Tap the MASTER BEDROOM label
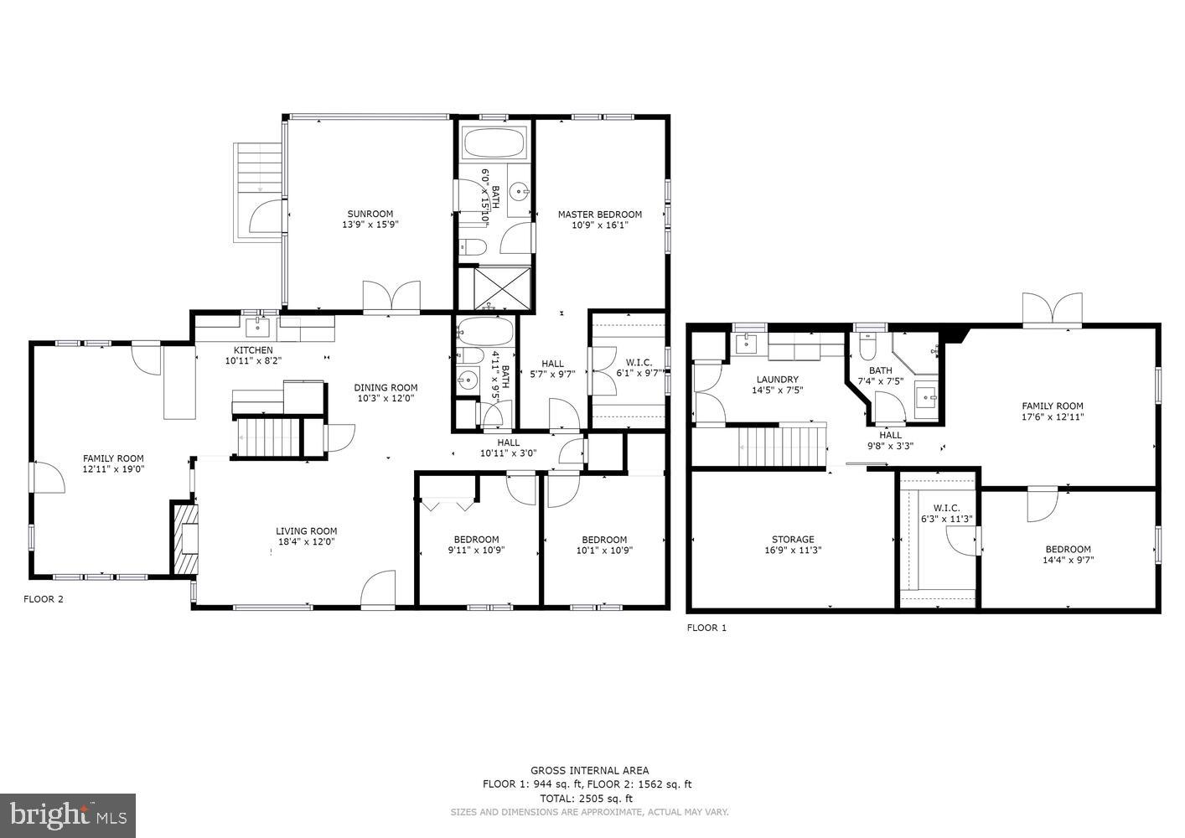point(600,215)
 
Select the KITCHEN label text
point(253,350)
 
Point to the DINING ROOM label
point(386,388)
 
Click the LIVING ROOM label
point(307,531)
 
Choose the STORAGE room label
point(793,540)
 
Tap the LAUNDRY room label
point(777,380)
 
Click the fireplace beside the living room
point(185,539)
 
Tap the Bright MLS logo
point(68,815)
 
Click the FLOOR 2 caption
point(43,599)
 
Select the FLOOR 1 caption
point(706,628)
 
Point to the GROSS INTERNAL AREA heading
point(589,770)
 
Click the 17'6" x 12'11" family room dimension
point(1052,416)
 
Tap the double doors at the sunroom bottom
point(391,297)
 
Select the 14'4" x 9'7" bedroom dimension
point(1068,561)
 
